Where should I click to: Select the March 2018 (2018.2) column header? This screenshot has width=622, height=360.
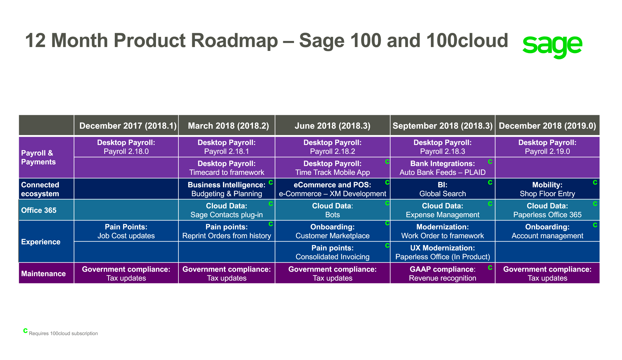pyautogui.click(x=228, y=126)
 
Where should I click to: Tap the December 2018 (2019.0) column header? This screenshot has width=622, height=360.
pyautogui.click(x=547, y=126)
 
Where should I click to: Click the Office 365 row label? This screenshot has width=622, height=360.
pyautogui.click(x=39, y=210)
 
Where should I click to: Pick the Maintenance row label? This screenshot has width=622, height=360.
pyautogui.click(x=43, y=274)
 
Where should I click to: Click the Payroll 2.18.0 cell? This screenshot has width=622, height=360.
pyautogui.click(x=126, y=147)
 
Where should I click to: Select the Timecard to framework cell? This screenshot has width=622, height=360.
pyautogui.click(x=227, y=168)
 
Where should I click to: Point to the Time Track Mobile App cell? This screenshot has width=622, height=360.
pyautogui.click(x=332, y=168)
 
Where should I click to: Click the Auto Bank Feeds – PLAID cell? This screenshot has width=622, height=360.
pyautogui.click(x=442, y=168)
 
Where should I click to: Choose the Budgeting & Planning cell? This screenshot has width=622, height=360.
pyautogui.click(x=227, y=189)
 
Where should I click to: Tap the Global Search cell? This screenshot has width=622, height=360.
pyautogui.click(x=442, y=189)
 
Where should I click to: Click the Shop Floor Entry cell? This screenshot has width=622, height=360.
pyautogui.click(x=547, y=189)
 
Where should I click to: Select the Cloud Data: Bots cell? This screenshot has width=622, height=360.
pyautogui.click(x=332, y=210)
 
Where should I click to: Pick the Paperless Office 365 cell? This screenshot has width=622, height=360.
pyautogui.click(x=547, y=210)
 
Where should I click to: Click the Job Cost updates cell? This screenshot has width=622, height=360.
pyautogui.click(x=126, y=231)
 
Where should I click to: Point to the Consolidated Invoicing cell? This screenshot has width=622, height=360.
pyautogui.click(x=332, y=252)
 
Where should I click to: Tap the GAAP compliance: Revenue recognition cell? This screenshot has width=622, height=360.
pyautogui.click(x=442, y=274)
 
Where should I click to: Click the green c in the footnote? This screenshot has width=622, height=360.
pyautogui.click(x=25, y=331)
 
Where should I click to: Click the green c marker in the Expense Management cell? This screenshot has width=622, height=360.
pyautogui.click(x=490, y=204)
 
